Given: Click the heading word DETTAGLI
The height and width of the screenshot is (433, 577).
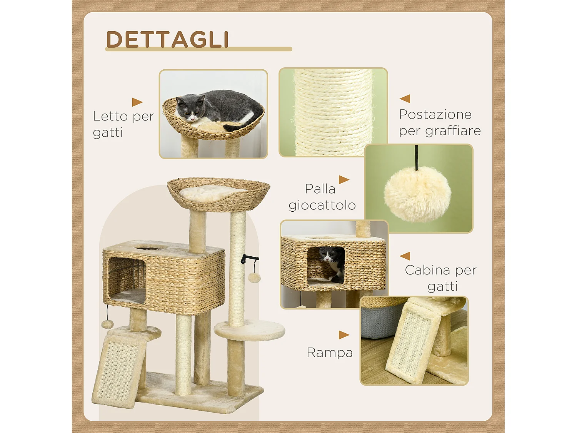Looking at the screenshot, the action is (167, 39).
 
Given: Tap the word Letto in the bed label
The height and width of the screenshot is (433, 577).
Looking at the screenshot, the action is (110, 116).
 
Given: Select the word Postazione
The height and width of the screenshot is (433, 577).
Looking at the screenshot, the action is (435, 114).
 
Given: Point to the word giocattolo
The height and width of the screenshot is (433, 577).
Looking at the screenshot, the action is (322, 205).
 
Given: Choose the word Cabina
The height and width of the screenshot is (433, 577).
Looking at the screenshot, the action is (427, 270).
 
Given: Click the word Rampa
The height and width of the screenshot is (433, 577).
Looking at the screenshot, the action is (330, 353).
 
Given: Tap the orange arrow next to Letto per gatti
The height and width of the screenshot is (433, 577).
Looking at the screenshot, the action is (137, 102).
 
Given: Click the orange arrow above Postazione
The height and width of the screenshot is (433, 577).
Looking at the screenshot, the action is (405, 99).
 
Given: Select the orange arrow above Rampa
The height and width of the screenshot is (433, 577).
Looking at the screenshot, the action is (344, 335).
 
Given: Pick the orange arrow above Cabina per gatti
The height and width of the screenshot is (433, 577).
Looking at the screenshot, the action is (405, 256).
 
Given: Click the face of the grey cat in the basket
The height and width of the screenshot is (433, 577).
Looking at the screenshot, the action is (190, 109).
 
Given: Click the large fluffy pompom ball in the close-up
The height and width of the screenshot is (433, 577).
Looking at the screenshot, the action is (417, 194).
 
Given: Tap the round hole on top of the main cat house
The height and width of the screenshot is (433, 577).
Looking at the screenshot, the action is (149, 247).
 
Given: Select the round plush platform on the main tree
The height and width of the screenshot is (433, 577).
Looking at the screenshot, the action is (250, 330).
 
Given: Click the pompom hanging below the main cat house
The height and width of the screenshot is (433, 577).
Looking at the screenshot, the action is (107, 324).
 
